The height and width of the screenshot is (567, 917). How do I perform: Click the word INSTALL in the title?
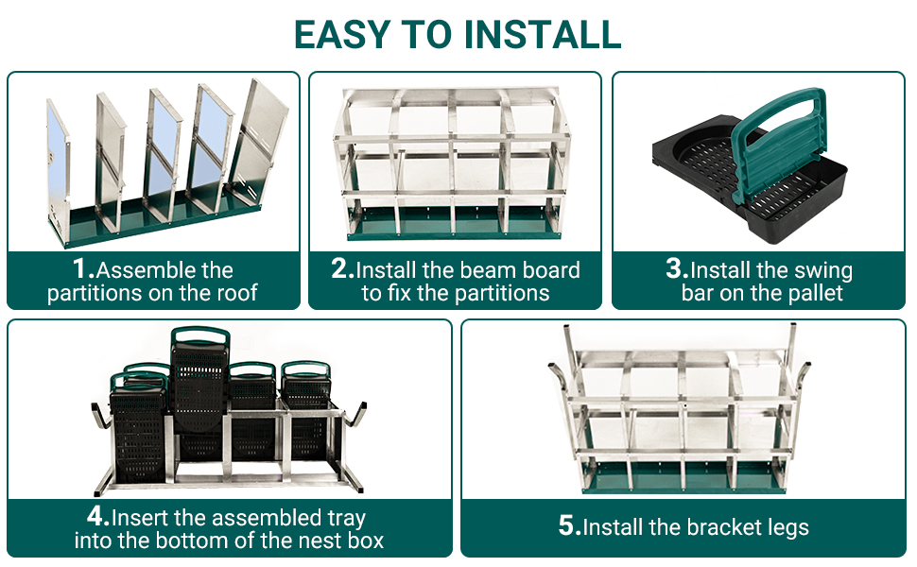pyautogui.click(x=542, y=34)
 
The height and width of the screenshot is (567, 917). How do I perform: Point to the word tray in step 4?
pyautogui.click(x=346, y=519)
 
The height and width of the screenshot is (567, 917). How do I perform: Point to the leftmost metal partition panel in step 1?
pyautogui.click(x=59, y=164)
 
